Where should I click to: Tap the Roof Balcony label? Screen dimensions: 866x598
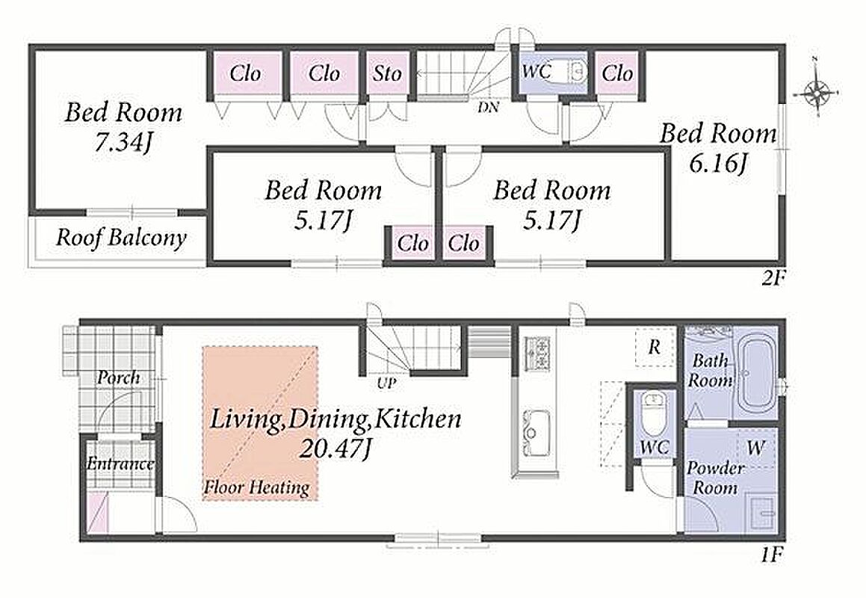pos(121,238)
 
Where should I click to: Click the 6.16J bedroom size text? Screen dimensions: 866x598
pos(718,164)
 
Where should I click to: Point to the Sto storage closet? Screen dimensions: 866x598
pos(386,73)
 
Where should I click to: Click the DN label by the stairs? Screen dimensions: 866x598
pos(488,107)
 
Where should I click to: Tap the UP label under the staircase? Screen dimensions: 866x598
pos(386,383)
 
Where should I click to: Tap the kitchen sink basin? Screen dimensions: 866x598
pos(536,433)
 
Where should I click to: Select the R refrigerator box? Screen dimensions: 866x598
pos(655,347)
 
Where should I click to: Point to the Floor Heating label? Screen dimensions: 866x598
pos(257,487)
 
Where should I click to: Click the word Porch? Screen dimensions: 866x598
pos(118,378)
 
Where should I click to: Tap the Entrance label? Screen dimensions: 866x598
pos(120,463)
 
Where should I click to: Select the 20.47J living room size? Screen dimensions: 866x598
pos(333,450)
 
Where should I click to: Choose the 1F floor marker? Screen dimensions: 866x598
pos(772,555)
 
